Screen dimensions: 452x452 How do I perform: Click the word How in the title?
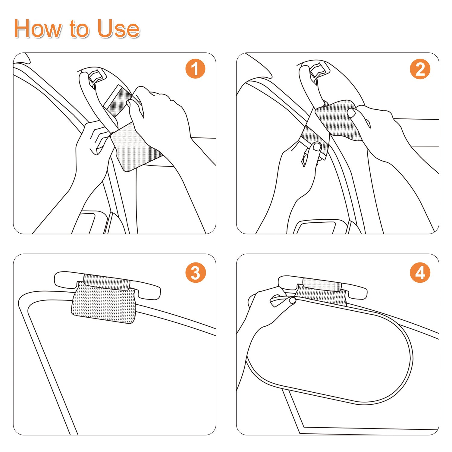pyautogui.click(x=39, y=29)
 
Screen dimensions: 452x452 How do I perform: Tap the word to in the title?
pyautogui.click(x=80, y=29)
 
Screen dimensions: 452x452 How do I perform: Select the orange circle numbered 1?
pyautogui.click(x=195, y=69)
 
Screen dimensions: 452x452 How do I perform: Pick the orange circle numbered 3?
pyautogui.click(x=195, y=273)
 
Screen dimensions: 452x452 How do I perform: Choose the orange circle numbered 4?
pyautogui.click(x=420, y=273)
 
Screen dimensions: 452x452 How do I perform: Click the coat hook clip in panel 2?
pyautogui.click(x=319, y=70)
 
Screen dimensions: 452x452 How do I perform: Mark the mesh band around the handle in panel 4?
pyautogui.click(x=322, y=284)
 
